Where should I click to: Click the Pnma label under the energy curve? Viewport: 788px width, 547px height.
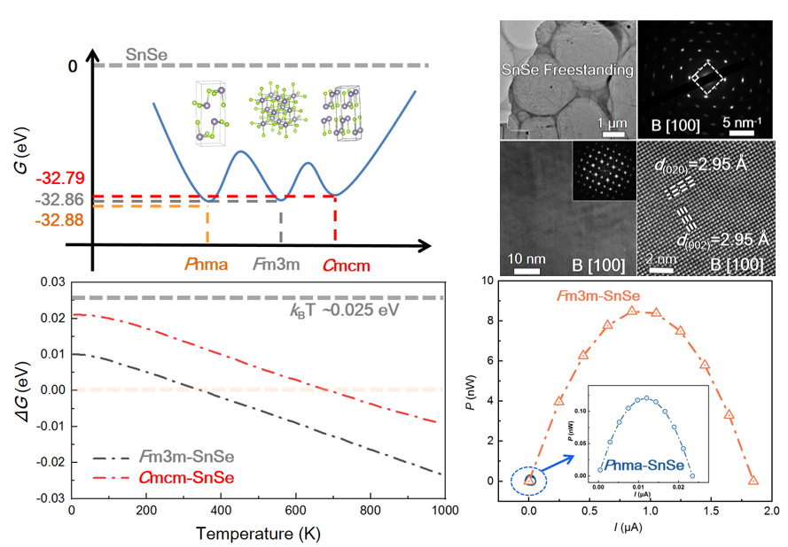207,264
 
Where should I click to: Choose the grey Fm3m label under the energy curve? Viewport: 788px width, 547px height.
279,264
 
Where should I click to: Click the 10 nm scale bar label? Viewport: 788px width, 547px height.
526,258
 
